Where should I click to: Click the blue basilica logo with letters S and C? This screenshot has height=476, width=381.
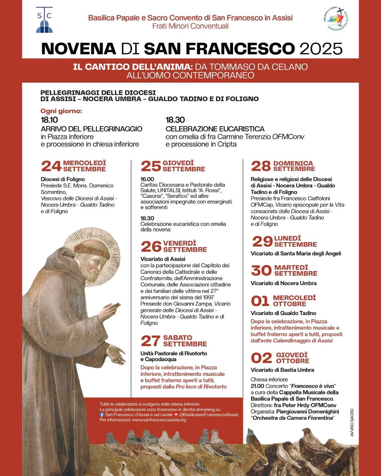[x=44, y=20]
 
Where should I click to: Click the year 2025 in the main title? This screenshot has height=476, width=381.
[x=321, y=49]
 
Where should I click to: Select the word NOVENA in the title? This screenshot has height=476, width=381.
[x=78, y=49]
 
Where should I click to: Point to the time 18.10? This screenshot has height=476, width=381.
[x=49, y=120]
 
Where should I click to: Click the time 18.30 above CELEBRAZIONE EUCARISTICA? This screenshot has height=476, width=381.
[x=175, y=120]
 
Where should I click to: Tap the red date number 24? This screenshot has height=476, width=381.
[x=51, y=166]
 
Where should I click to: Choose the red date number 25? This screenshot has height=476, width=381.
[x=151, y=166]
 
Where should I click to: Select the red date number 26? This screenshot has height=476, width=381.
[x=151, y=246]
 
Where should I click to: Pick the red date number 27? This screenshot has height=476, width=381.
[x=151, y=341]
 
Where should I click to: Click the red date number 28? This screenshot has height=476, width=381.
[x=261, y=166]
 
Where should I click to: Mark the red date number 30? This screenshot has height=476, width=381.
[x=261, y=270]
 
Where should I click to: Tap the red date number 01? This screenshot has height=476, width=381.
[x=260, y=301]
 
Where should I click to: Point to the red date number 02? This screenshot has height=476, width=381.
[x=261, y=358]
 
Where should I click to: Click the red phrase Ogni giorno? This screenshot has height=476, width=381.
[x=61, y=111]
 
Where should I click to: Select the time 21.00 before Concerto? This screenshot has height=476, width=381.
[x=258, y=386]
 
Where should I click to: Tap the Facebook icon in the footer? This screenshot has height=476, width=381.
[x=102, y=415]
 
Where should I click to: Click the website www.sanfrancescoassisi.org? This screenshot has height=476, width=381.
[x=159, y=420]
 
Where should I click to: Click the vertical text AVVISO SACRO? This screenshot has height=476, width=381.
[x=352, y=422]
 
